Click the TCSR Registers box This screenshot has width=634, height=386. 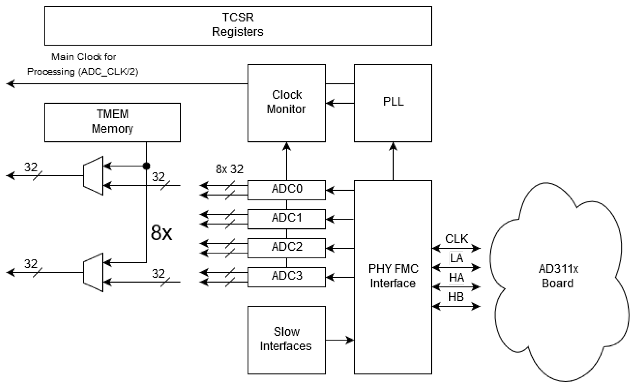[238, 26]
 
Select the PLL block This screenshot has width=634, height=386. [393, 103]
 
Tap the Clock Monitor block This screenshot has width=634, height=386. [286, 103]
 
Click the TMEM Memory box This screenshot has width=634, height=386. [113, 122]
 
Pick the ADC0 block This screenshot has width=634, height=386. [286, 190]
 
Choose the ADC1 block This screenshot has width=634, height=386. [286, 219]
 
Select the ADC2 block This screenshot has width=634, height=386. [286, 248]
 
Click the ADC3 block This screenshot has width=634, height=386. [286, 277]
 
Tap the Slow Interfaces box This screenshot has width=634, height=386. [286, 339]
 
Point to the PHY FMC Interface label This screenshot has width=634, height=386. [393, 276]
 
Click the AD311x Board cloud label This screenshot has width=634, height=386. [558, 276]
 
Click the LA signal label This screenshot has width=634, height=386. [456, 258]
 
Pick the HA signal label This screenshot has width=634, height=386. [456, 277]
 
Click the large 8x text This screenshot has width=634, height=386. [161, 233]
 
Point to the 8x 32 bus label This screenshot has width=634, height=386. [229, 169]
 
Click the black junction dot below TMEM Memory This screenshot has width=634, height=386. [146, 166]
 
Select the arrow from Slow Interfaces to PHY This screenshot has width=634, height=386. [340, 340]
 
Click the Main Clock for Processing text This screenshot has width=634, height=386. [83, 64]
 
